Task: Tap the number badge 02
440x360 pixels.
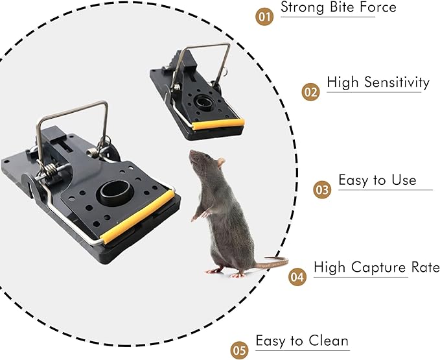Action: (x=311, y=91)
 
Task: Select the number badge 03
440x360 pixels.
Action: (x=322, y=189)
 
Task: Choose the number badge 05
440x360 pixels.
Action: (x=239, y=351)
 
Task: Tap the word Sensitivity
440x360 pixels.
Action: (x=396, y=82)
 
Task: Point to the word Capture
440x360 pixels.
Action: (x=380, y=267)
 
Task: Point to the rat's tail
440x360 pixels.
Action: (x=275, y=263)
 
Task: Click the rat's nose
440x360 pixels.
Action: (x=191, y=154)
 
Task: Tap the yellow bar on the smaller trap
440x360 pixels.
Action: (x=220, y=123)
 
